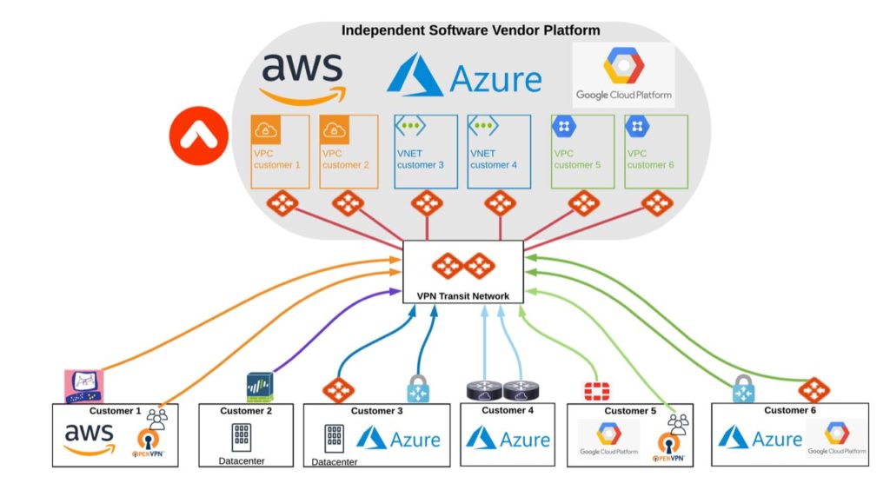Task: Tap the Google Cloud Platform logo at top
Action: (x=623, y=75)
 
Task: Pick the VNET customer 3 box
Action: (x=427, y=152)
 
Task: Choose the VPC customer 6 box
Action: (x=656, y=152)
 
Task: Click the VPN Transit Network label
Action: (x=462, y=296)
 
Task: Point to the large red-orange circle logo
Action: (x=198, y=135)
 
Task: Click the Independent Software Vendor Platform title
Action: (x=470, y=30)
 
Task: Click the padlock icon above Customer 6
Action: (x=742, y=388)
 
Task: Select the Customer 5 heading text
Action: (x=627, y=411)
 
